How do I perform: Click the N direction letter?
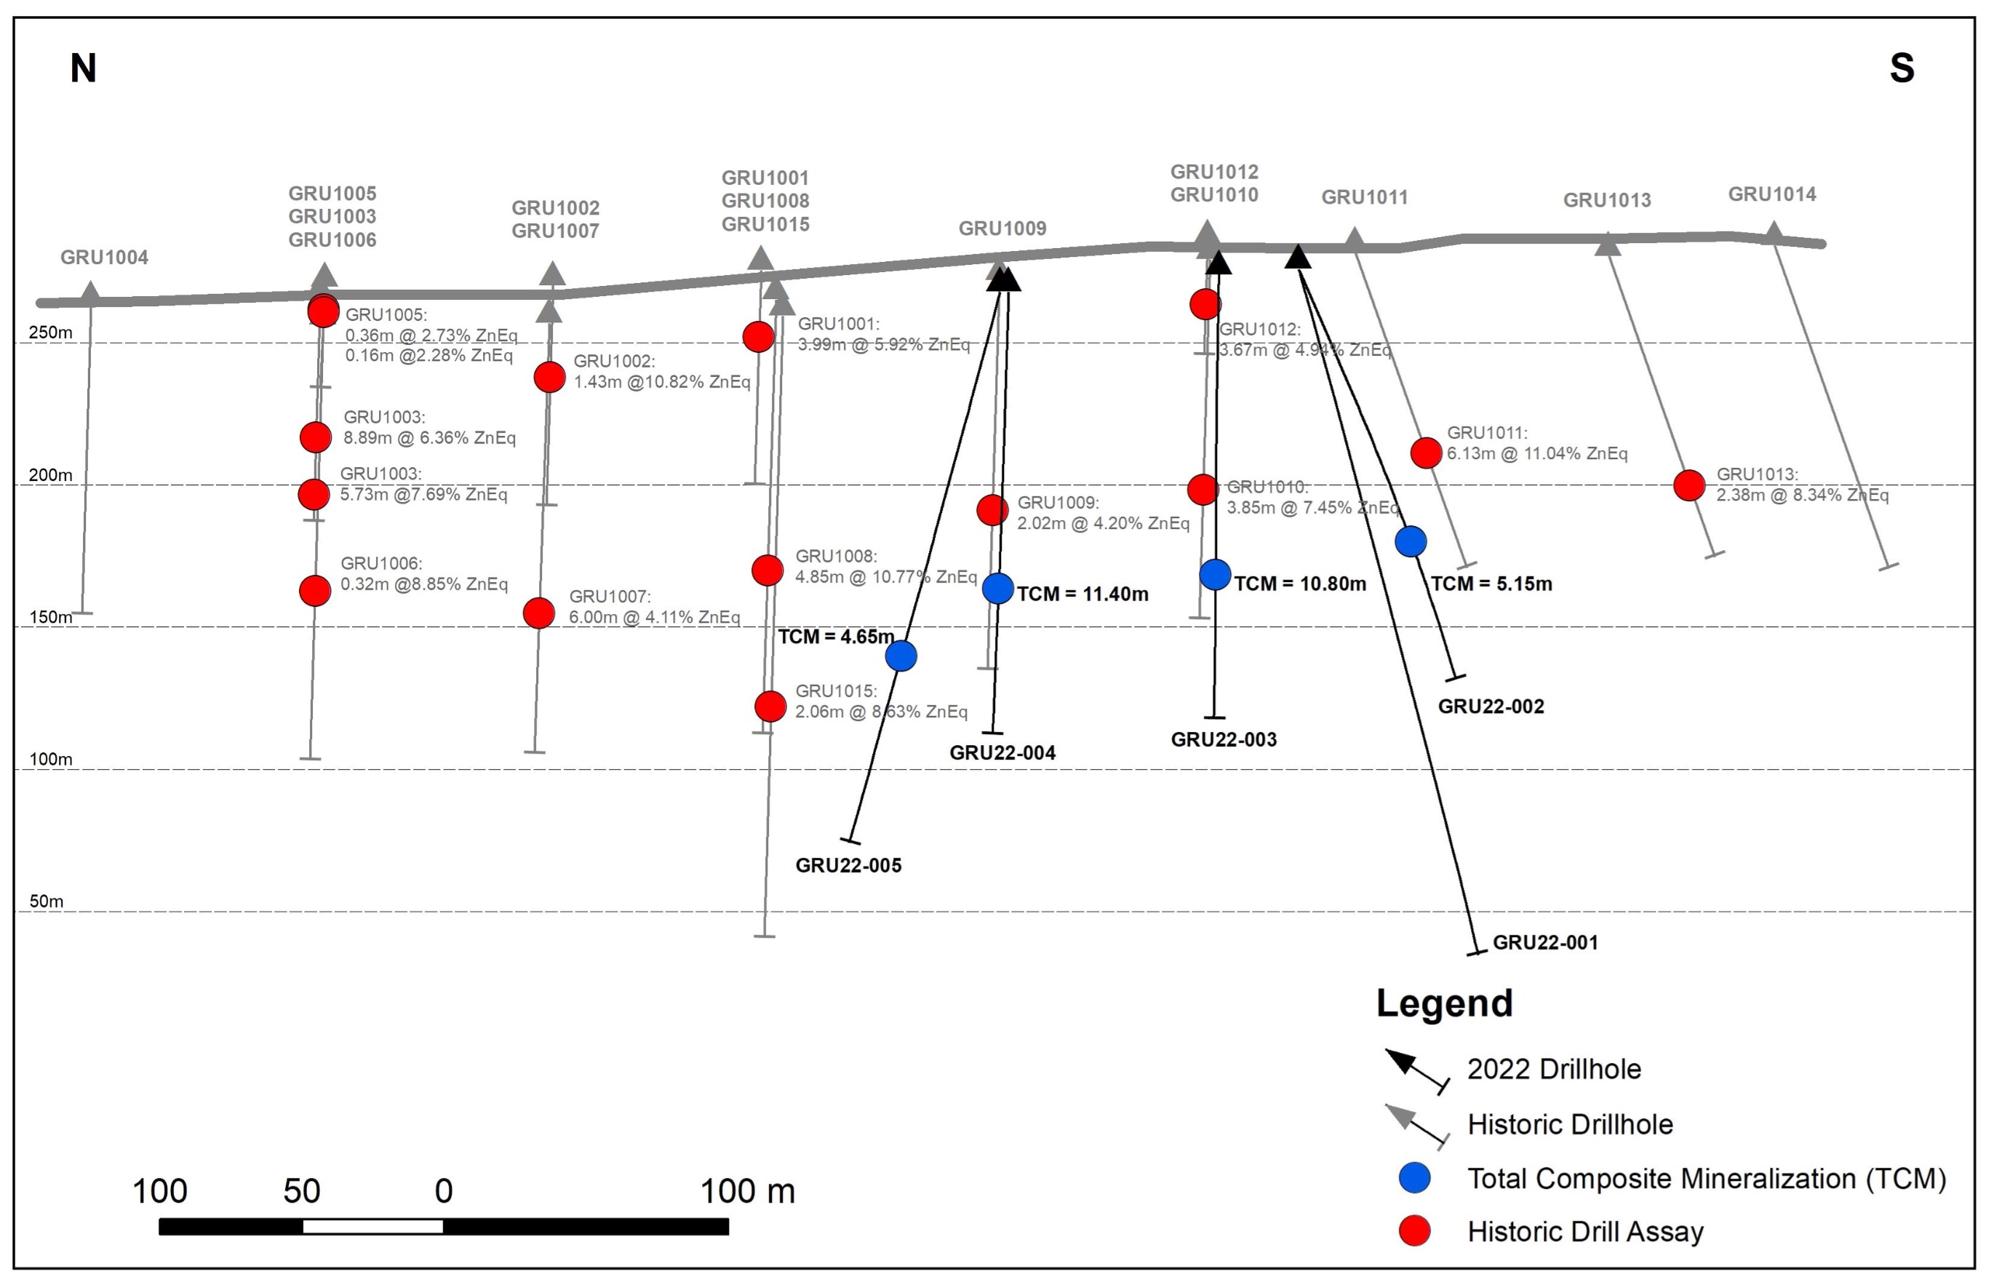pos(83,68)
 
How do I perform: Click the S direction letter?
pos(1902,68)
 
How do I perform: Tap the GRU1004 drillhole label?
pos(104,258)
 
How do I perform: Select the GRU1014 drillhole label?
pos(1772,194)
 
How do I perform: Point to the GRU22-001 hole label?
pos(1545,942)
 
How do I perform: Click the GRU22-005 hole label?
pos(848,865)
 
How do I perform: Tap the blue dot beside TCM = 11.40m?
pos(998,589)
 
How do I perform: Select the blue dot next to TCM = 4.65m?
pos(901,656)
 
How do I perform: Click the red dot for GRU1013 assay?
pos(1688,485)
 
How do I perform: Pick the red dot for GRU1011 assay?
pos(1426,453)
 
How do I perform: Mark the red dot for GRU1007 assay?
pos(538,613)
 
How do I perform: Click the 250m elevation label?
pos(51,333)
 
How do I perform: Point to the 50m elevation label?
pos(47,901)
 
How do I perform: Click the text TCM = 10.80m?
pos(1300,584)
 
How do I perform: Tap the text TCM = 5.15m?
pos(1491,584)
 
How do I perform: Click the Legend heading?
pos(1445,1004)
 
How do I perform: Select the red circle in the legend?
pos(1415,1230)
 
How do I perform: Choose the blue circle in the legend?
pos(1415,1177)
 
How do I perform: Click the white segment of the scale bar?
pos(373,1226)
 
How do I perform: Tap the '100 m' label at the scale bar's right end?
pos(747,1191)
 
